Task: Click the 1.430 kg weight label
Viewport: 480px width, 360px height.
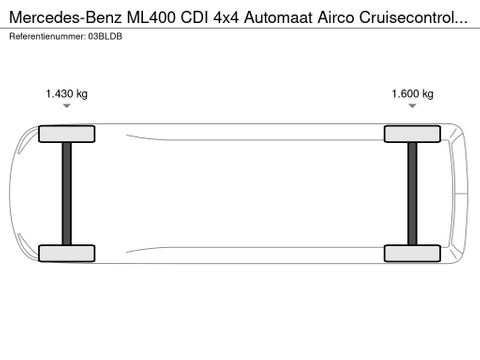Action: point(66,94)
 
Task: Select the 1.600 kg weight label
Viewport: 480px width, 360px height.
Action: point(412,94)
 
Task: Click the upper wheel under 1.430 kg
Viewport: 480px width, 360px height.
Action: point(66,134)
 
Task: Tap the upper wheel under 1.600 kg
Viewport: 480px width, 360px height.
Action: point(412,134)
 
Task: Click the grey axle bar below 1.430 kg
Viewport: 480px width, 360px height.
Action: point(66,194)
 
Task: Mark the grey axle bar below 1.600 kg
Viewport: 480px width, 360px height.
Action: point(412,194)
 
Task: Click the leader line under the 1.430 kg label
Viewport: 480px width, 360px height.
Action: point(66,113)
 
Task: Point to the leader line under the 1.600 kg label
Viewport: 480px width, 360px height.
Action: point(412,113)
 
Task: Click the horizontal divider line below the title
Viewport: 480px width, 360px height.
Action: point(240,28)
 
